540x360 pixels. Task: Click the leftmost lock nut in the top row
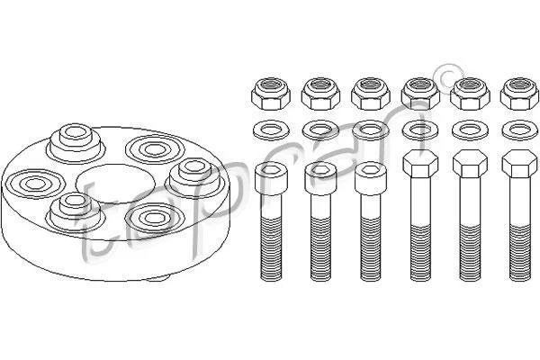pyautogui.click(x=271, y=94)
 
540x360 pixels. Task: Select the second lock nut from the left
pyautogui.click(x=320, y=94)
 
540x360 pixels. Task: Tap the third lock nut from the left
pyautogui.click(x=371, y=94)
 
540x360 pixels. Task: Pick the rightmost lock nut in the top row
pyautogui.click(x=519, y=94)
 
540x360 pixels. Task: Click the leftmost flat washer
pyautogui.click(x=271, y=130)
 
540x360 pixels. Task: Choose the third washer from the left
pyautogui.click(x=371, y=130)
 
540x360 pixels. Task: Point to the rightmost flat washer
pyautogui.click(x=520, y=130)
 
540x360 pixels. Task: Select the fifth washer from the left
pyautogui.click(x=470, y=130)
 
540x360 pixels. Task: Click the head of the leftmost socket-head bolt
pyautogui.click(x=271, y=179)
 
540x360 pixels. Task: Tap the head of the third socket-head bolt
pyautogui.click(x=371, y=179)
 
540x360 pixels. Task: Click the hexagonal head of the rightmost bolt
pyautogui.click(x=519, y=164)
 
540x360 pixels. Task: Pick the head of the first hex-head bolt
pyautogui.click(x=420, y=164)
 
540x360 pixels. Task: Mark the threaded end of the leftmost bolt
pyautogui.click(x=271, y=248)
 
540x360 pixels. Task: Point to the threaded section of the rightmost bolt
pyautogui.click(x=520, y=252)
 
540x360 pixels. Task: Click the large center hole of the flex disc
pyautogui.click(x=114, y=183)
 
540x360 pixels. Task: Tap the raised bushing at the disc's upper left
pyautogui.click(x=76, y=142)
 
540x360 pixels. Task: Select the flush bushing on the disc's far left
pyautogui.click(x=35, y=184)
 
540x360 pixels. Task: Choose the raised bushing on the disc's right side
pyautogui.click(x=195, y=176)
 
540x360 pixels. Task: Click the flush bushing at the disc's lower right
pyautogui.click(x=154, y=218)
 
